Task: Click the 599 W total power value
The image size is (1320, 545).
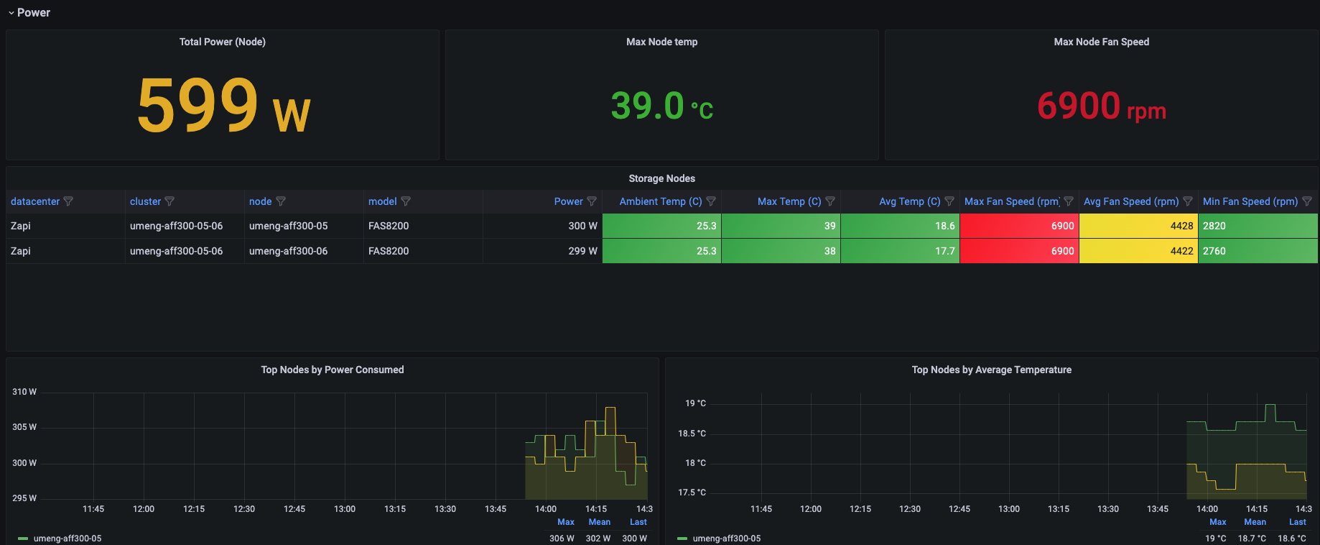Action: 223,106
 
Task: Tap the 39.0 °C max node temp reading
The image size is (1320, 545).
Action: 661,106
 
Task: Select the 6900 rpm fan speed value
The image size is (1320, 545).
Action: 1101,106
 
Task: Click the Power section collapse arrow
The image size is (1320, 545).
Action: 11,13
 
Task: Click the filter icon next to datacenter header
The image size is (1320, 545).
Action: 68,201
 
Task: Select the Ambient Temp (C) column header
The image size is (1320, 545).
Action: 660,201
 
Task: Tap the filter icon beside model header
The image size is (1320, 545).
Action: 406,201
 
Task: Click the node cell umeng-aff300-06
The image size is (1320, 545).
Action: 288,251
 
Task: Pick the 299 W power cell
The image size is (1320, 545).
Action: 582,251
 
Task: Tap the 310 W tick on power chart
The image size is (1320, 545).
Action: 24,392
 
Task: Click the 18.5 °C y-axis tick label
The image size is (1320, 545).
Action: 692,434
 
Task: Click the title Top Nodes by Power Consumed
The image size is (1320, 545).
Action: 332,370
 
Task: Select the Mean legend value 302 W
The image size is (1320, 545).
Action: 598,538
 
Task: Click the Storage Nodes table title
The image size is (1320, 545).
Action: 661,178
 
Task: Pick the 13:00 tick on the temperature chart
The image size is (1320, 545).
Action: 1008,509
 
